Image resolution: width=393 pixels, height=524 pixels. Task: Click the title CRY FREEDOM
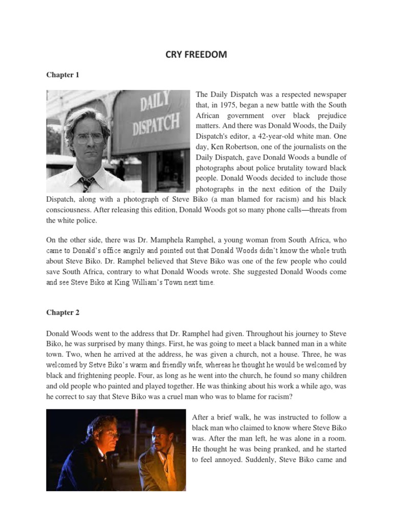pos(196,55)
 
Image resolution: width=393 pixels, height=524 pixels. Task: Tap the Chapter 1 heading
pos(63,75)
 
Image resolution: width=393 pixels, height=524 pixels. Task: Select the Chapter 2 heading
pos(63,312)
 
